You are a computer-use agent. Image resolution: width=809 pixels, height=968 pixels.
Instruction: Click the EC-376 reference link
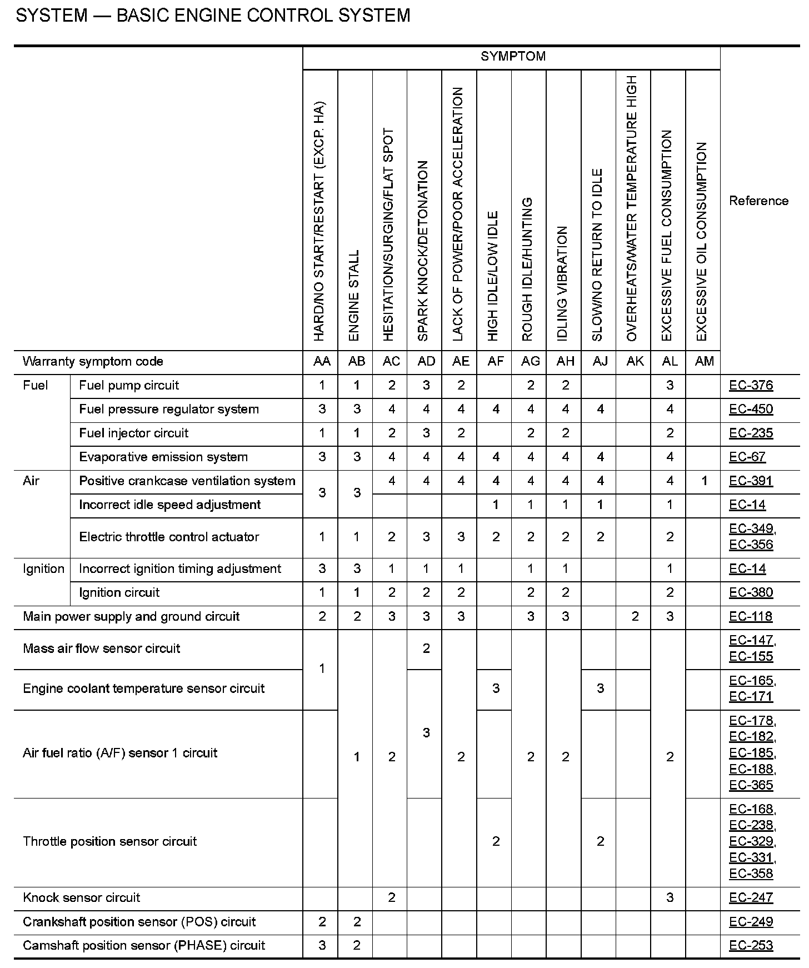point(751,386)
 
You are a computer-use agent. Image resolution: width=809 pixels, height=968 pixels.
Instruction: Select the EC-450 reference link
point(751,410)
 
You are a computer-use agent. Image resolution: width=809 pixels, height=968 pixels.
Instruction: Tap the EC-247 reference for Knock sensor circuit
point(751,897)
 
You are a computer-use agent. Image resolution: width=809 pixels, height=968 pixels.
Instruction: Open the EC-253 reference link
point(751,945)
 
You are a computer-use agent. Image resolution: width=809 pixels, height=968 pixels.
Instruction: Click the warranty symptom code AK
point(635,362)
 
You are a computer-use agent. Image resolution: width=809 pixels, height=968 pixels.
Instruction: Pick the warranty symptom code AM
point(704,362)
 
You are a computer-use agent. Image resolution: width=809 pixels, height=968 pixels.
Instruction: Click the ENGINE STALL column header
point(354,295)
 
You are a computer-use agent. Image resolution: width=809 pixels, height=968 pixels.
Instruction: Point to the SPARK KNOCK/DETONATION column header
point(424,250)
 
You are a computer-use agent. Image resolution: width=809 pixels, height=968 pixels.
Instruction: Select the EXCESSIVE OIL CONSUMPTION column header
point(702,242)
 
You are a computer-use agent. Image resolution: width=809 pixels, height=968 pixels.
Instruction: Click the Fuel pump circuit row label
point(129,386)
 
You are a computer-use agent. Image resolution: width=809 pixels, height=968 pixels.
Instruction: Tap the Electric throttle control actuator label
point(169,537)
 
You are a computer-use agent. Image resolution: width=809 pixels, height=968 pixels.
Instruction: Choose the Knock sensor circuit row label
point(81,897)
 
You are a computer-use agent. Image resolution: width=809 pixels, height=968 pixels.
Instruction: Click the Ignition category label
point(43,569)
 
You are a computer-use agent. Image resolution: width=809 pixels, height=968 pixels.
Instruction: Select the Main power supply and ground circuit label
point(131,617)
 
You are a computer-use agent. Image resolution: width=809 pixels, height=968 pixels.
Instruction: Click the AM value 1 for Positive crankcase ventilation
point(704,481)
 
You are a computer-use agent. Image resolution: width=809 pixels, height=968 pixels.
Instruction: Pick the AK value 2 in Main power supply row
point(635,617)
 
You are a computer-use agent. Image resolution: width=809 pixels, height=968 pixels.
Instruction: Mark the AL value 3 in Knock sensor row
point(670,897)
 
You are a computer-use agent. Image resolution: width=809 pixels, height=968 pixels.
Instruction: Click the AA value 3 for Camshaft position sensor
point(322,945)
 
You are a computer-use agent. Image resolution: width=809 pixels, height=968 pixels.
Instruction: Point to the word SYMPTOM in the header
point(513,57)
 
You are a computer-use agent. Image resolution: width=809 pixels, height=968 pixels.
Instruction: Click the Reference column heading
point(758,201)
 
